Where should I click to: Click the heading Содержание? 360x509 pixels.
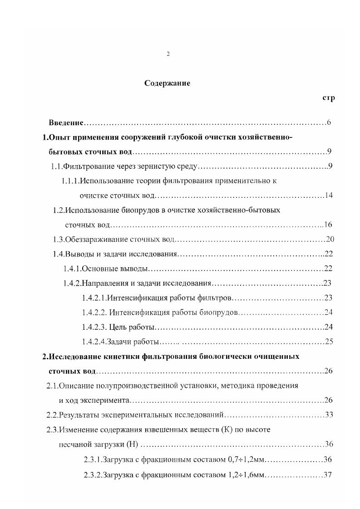click(167, 83)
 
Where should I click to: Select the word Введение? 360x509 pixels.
click(66, 123)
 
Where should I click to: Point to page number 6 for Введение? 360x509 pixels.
click(329, 123)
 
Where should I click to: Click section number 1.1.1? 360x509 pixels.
click(70, 181)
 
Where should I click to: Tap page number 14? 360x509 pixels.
click(329, 196)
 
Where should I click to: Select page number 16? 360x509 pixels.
click(329, 225)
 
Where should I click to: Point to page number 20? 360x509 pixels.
click(330, 239)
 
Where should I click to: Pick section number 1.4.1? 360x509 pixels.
click(72, 269)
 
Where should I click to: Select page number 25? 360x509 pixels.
click(329, 342)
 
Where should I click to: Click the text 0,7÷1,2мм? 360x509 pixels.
click(245, 460)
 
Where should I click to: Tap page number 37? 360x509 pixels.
click(328, 475)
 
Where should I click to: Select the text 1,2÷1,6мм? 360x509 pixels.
click(245, 475)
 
